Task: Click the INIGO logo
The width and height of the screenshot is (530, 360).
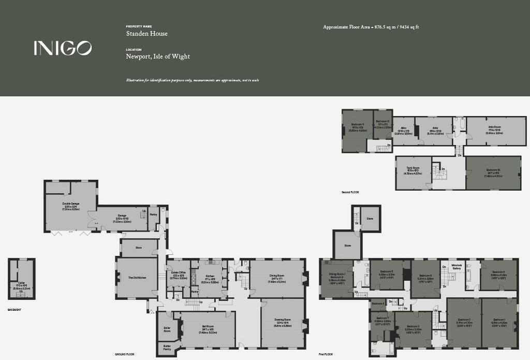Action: (63, 48)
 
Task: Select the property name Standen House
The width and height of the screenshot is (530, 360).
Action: (147, 34)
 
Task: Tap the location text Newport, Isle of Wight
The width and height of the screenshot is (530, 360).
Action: (158, 56)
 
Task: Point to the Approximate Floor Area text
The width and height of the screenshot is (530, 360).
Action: (371, 27)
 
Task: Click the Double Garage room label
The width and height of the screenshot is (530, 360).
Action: (71, 206)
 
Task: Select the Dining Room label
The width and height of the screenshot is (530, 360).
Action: (276, 276)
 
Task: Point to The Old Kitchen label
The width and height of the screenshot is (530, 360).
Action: (137, 278)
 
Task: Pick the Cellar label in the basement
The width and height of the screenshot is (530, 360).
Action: (21, 283)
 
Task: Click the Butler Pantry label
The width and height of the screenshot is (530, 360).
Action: (167, 347)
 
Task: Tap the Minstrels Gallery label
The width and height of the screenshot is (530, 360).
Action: (456, 267)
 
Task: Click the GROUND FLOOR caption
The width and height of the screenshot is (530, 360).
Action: (124, 354)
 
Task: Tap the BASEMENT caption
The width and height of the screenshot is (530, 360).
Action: (14, 309)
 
